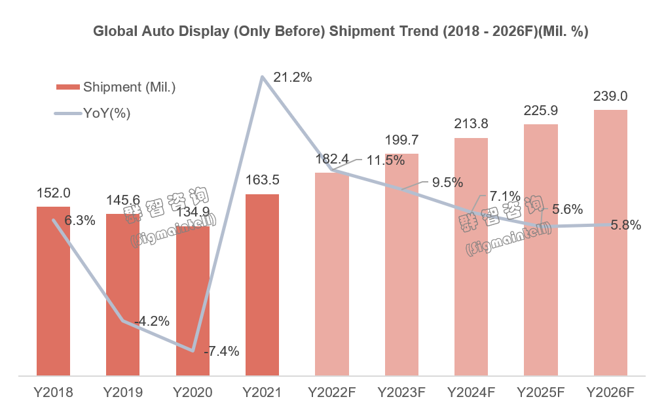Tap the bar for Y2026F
610,243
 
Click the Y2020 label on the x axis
192,392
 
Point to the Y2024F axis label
471,392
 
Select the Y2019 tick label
122,392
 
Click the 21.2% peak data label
292,77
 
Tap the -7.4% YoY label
221,351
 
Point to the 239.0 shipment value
610,96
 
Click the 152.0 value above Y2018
53,193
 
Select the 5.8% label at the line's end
625,225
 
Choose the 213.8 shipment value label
471,124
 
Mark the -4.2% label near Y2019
151,321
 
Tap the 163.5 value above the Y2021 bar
262,180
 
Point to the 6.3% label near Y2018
80,220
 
